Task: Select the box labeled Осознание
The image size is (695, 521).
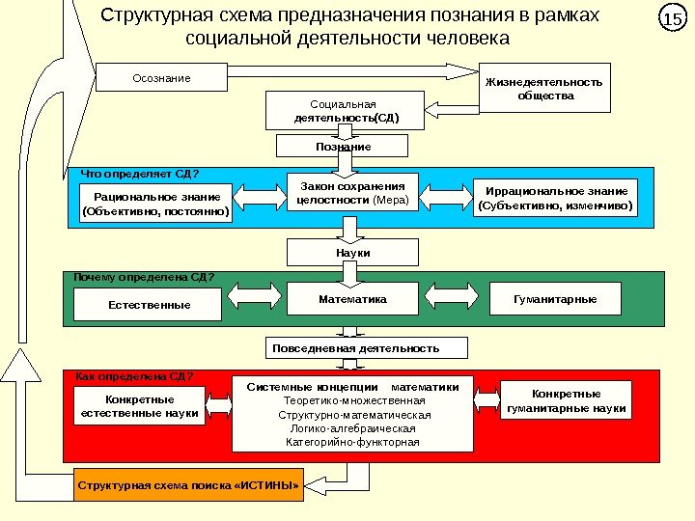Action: point(161,77)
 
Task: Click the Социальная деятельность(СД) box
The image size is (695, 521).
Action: point(346,110)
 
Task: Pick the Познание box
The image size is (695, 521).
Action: point(343,146)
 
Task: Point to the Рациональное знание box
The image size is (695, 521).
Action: point(156,202)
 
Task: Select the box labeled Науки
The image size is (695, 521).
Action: point(353,253)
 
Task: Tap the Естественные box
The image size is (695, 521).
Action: point(148,305)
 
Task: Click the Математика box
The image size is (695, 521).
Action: point(352,299)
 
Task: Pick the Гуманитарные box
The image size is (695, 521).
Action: point(556,299)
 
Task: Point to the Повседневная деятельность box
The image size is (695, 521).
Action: point(366,347)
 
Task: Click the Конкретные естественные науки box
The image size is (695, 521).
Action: point(140,406)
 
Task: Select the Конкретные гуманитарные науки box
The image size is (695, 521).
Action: point(567,401)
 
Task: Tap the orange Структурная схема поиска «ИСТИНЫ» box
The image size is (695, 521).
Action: point(188,484)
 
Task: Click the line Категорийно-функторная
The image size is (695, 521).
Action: point(352,443)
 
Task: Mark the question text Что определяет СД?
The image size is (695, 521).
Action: point(140,175)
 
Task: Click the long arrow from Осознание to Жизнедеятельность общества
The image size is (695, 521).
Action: point(352,69)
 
